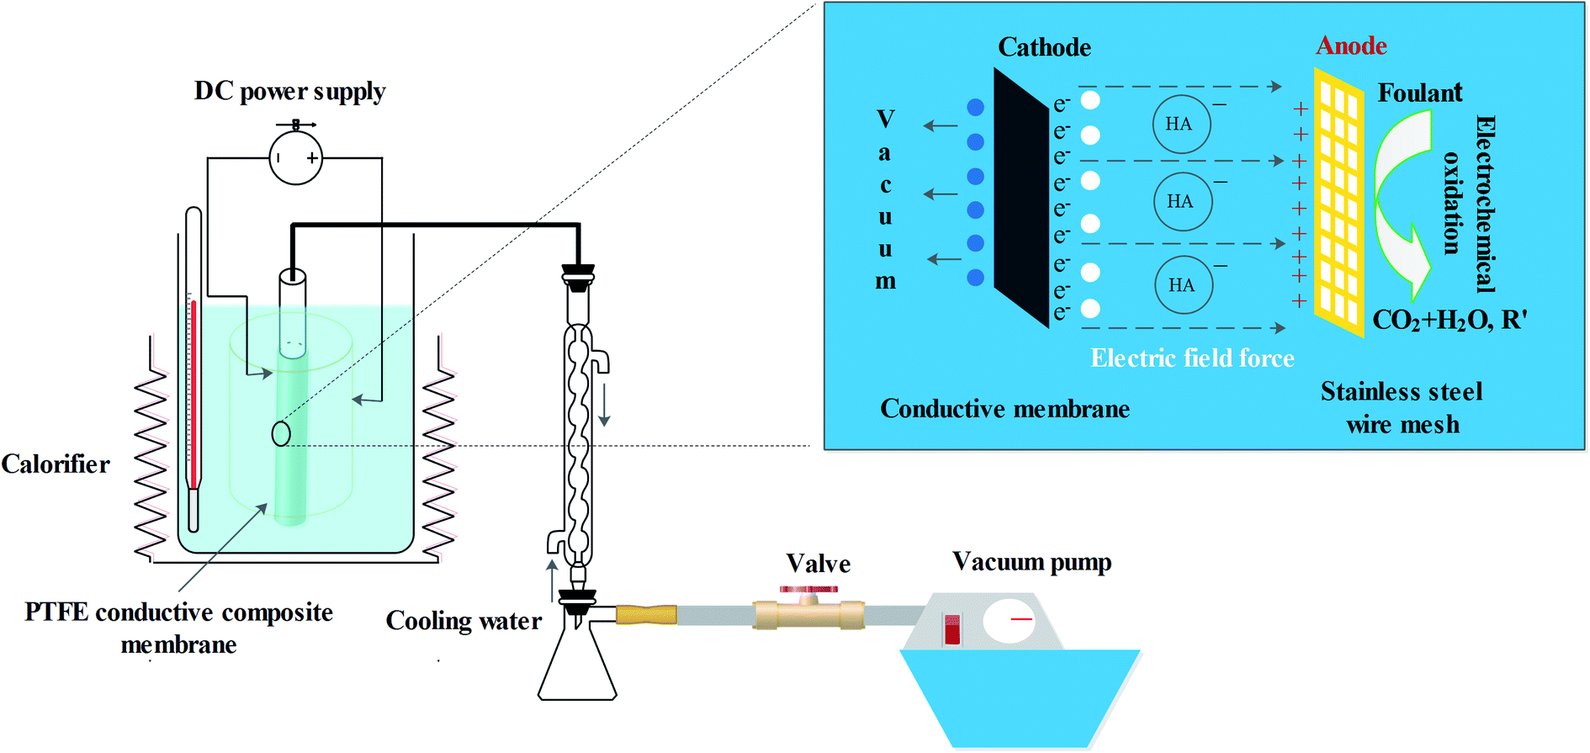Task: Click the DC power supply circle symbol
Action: pos(295,158)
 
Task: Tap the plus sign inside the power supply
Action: pos(312,158)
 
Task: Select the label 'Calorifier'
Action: pos(56,464)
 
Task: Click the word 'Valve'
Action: pos(818,564)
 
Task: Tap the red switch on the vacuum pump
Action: pos(951,629)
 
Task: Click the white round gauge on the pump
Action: pos(1008,621)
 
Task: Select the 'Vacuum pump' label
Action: pos(1031,562)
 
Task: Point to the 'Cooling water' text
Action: pos(464,621)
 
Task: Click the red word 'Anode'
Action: pos(1351,45)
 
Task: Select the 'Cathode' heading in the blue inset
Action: pos(1044,47)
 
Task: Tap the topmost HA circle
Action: pos(1181,125)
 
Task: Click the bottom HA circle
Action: pos(1184,285)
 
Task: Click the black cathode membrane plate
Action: pos(1020,198)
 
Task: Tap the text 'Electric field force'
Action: pos(1192,358)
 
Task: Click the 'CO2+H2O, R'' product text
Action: pos(1450,321)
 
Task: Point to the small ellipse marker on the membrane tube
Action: pos(281,434)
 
